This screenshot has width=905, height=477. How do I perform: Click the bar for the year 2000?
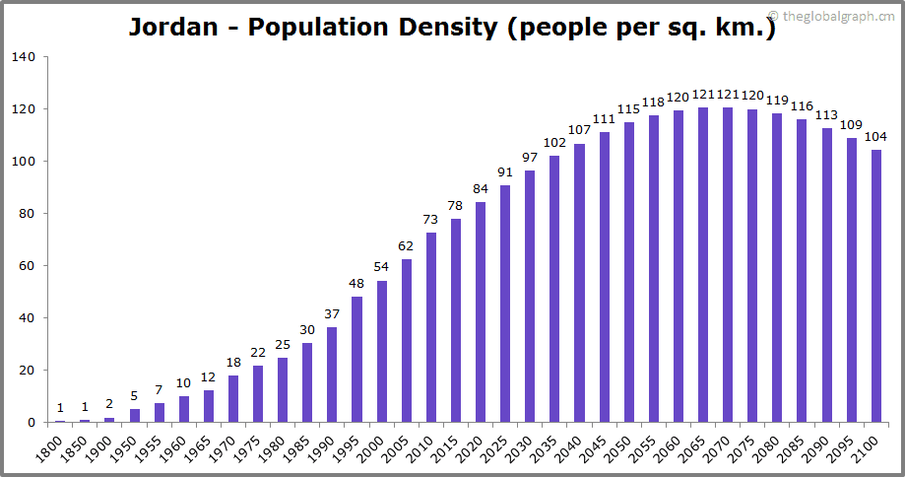coord(382,352)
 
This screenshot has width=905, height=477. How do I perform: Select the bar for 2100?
coord(876,286)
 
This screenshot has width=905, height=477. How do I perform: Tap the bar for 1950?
coord(135,415)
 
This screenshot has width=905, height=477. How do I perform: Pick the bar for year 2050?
coord(629,272)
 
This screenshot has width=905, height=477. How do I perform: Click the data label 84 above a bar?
coord(481,189)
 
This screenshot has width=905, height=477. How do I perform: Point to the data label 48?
coord(356,284)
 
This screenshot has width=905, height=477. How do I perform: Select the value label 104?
coord(876,137)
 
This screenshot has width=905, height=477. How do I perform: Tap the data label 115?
coord(629,108)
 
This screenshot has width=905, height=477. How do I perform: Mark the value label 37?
coord(332,313)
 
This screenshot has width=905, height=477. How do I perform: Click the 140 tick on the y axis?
coord(25,57)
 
